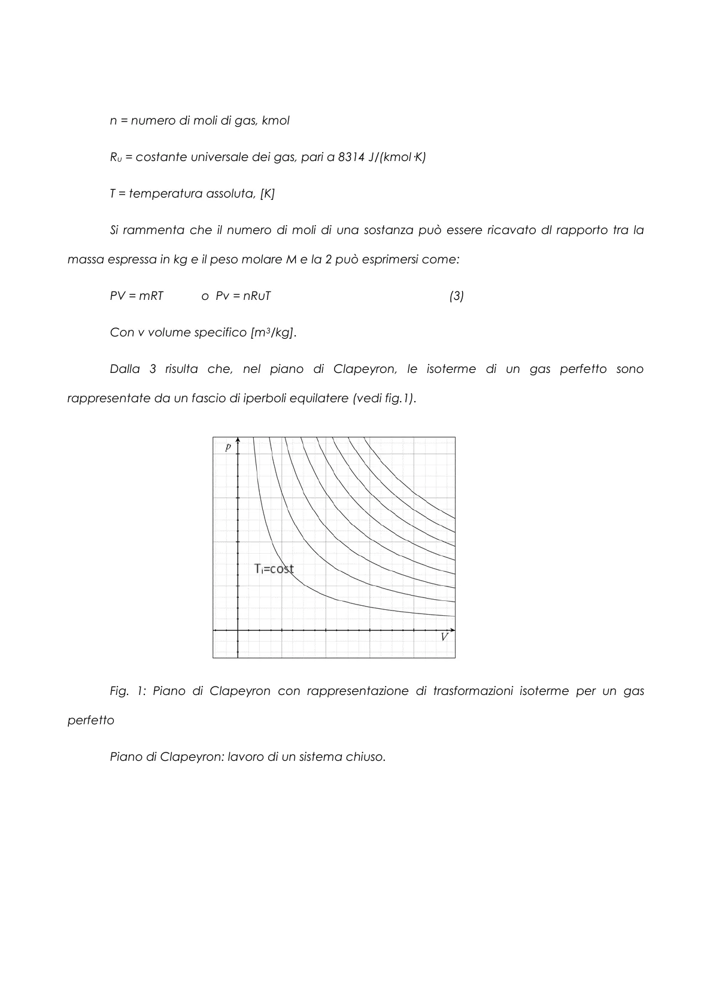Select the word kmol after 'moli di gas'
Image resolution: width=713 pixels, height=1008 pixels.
pos(275,121)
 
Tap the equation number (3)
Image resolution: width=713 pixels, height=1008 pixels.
pos(456,296)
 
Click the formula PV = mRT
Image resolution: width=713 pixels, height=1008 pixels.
pos(136,296)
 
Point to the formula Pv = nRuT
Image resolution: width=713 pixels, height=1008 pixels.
pos(243,296)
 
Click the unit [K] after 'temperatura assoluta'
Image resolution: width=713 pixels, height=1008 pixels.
pos(267,194)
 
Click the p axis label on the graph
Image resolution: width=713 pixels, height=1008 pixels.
pos(228,447)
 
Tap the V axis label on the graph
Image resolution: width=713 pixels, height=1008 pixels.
pos(444,637)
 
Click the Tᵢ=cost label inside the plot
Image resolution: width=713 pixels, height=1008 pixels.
pos(274,569)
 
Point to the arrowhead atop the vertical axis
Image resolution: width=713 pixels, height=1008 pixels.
pos(238,440)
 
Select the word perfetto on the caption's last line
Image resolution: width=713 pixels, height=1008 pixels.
pos(90,721)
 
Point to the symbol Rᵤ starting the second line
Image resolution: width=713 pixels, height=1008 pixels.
pos(116,158)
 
